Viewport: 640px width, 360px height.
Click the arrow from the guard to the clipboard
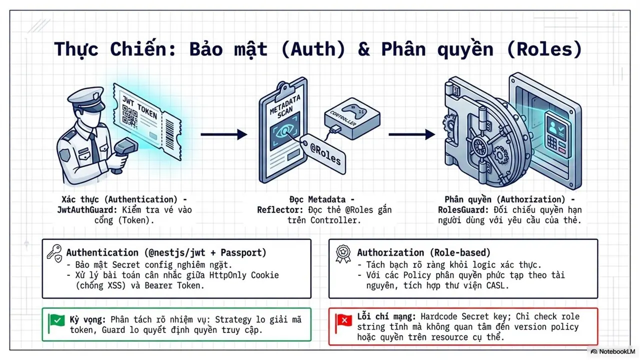[223, 134]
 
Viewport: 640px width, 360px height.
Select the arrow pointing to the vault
[411, 134]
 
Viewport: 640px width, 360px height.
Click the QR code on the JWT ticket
[129, 115]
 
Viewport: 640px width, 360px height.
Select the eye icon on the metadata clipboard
[285, 131]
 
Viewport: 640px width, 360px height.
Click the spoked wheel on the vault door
[480, 147]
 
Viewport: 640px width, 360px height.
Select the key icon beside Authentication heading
[54, 253]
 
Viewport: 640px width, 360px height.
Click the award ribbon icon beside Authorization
[343, 253]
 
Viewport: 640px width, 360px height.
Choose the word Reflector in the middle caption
[280, 210]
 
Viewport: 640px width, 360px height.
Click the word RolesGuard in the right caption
[463, 210]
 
